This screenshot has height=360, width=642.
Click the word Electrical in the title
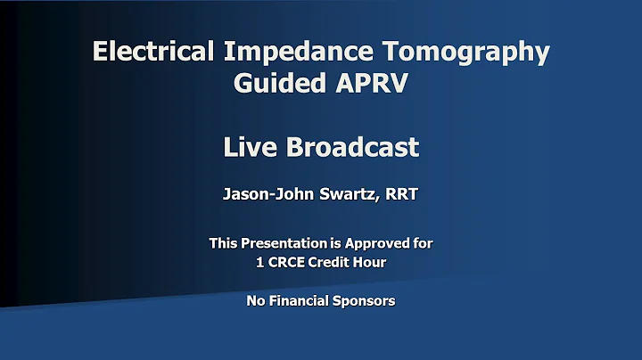click(x=152, y=52)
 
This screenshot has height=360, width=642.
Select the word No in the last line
click(x=256, y=301)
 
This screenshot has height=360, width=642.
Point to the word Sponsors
click(x=365, y=301)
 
